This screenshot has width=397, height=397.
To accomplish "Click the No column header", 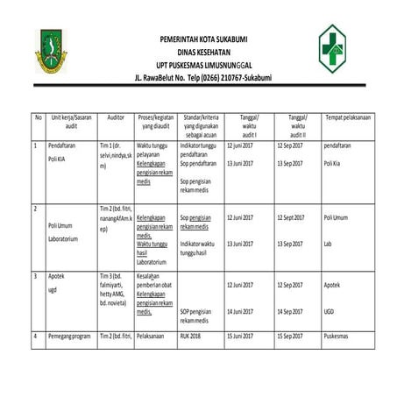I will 38,117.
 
